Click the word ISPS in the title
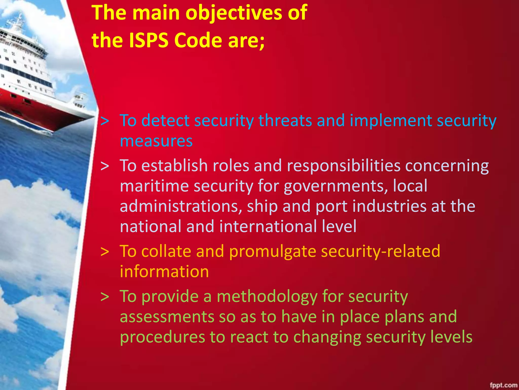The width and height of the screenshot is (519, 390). click(x=149, y=40)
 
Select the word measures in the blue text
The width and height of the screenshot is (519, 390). click(x=156, y=141)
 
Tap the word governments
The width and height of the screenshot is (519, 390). click(x=336, y=186)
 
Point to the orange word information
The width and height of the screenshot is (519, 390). click(x=164, y=272)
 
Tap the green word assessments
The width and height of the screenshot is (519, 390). click(x=167, y=317)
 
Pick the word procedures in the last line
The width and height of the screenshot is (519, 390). click(x=162, y=337)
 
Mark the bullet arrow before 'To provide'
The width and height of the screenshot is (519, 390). click(x=105, y=297)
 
